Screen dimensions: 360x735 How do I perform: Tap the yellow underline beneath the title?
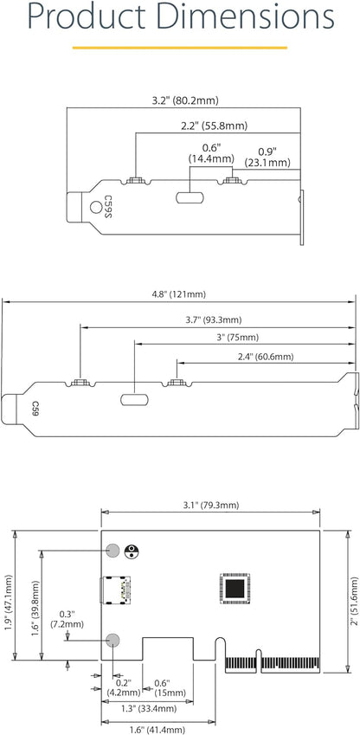pyautogui.click(x=179, y=48)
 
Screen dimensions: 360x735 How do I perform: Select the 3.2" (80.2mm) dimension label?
pyautogui.click(x=185, y=100)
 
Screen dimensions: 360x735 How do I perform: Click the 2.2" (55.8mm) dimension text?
pyautogui.click(x=215, y=126)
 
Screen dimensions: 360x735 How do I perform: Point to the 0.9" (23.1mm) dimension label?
pyautogui.click(x=267, y=157)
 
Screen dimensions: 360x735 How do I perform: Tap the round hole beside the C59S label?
pyautogui.click(x=95, y=207)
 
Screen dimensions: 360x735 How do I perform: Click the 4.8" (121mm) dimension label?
pyautogui.click(x=179, y=294)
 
